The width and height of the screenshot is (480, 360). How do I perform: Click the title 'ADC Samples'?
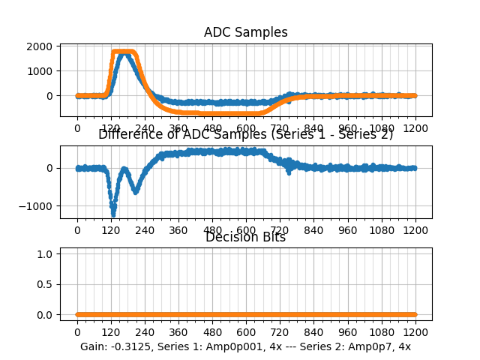[245, 32]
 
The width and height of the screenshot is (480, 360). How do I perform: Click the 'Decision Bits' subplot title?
[245, 238]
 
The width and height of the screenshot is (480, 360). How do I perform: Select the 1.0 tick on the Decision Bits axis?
[46, 254]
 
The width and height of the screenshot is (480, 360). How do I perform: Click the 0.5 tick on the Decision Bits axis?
[46, 284]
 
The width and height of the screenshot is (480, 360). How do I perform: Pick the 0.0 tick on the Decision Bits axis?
[46, 315]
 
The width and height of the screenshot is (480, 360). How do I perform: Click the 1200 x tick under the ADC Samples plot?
[415, 128]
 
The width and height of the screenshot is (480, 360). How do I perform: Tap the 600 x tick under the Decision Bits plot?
[246, 332]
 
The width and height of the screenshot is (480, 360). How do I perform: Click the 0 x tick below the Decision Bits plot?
[77, 332]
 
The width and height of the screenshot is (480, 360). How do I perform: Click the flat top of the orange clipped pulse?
[124, 52]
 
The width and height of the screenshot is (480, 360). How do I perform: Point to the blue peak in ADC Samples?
[124, 54]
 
